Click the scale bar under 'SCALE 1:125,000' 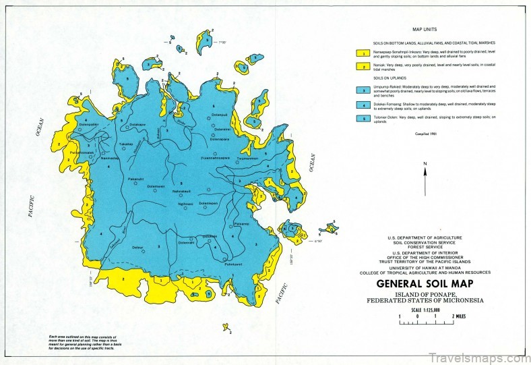(425, 322)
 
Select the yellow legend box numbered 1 (361, 53)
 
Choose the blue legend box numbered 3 (361, 89)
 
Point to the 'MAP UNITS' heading (425, 30)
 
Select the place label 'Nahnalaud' (181, 191)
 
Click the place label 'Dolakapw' (137, 124)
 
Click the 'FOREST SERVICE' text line (425, 248)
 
